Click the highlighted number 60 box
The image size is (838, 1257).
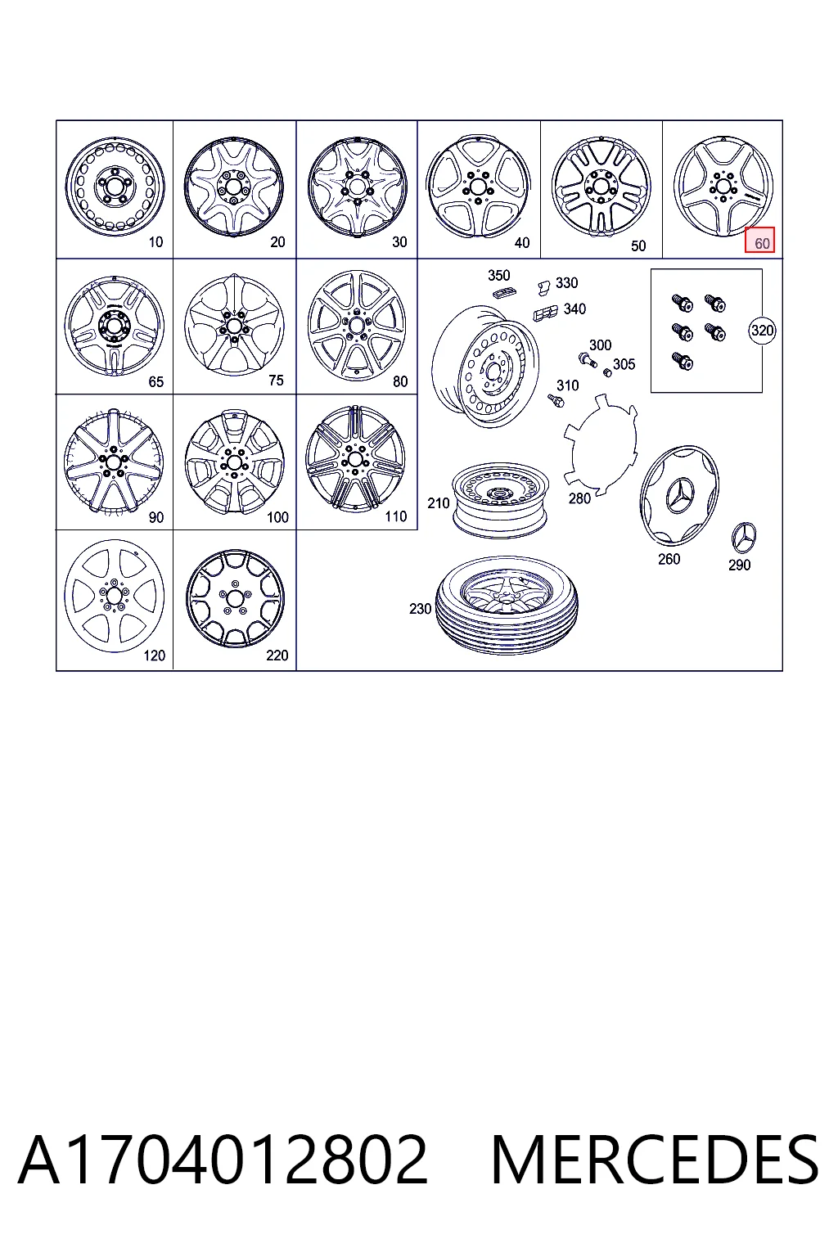coord(759,240)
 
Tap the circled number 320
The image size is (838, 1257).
coord(762,330)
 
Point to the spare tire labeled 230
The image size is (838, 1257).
coord(507,605)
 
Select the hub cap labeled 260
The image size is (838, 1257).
coord(679,495)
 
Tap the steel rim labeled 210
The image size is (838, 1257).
coord(500,501)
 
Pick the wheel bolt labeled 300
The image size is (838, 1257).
coord(587,359)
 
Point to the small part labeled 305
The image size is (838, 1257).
coord(606,372)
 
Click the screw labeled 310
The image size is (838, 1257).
coord(556,401)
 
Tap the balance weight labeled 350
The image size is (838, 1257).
coord(505,292)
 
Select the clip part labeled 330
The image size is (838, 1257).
coord(543,288)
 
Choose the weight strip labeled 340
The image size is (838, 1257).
coord(545,313)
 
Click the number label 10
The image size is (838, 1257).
coord(155,242)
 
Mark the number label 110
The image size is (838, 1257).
coord(396,516)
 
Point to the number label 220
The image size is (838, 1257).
coord(277,655)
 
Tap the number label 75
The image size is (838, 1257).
coord(276,380)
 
